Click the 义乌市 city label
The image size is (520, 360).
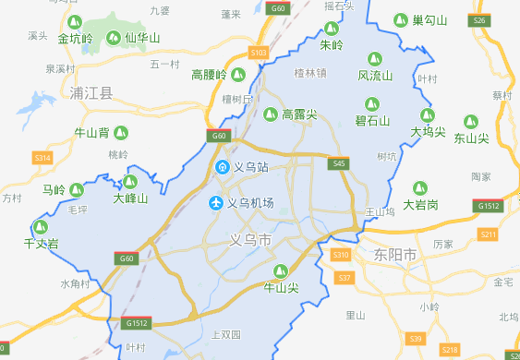pos(251,240)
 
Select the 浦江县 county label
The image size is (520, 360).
pos(91,93)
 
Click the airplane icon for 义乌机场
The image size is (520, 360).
pos(217,202)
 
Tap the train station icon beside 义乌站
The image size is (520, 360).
pos(222,167)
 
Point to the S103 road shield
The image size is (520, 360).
pos(259,53)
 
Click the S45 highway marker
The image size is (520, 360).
pos(340,163)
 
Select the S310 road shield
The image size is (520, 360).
pos(341,255)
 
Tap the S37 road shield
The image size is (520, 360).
pos(345,278)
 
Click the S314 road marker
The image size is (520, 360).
pos(42,158)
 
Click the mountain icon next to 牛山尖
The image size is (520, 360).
pos(283,271)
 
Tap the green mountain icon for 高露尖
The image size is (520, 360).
pos(270,114)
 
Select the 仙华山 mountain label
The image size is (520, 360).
pos(142,38)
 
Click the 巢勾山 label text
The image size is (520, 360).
pos(429,20)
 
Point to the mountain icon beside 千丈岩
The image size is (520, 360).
pos(40,227)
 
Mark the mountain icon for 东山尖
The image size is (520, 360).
pos(470,121)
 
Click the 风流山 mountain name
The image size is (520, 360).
pos(375,75)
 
